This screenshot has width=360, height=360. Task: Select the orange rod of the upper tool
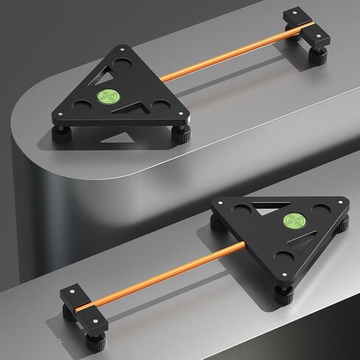coord(221,56)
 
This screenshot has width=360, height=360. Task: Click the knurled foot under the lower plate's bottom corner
coord(284,293)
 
